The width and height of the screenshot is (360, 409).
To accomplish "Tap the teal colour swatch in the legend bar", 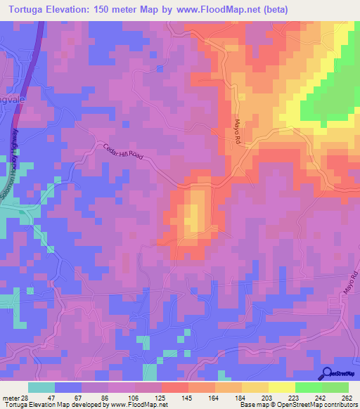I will click(41, 387).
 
